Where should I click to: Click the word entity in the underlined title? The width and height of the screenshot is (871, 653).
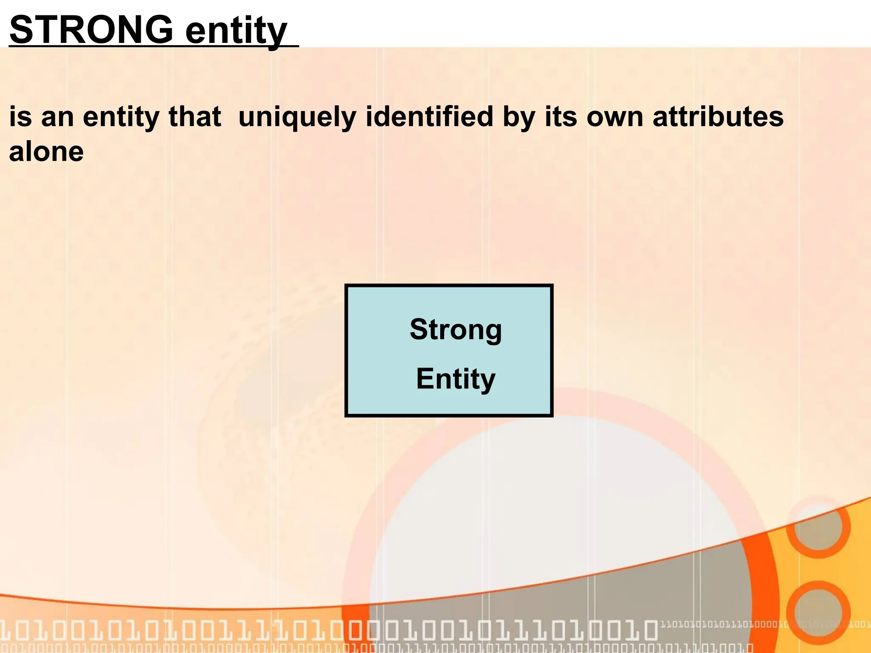pyautogui.click(x=236, y=31)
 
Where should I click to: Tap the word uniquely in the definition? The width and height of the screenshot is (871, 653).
pyautogui.click(x=297, y=116)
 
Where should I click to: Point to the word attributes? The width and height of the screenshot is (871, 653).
pyautogui.click(x=718, y=116)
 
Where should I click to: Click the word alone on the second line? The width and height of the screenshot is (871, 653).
pyautogui.click(x=46, y=152)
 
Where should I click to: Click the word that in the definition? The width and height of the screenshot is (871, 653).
pyautogui.click(x=195, y=116)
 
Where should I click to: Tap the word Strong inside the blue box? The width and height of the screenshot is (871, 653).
pyautogui.click(x=455, y=330)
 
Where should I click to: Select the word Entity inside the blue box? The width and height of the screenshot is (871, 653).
pyautogui.click(x=455, y=379)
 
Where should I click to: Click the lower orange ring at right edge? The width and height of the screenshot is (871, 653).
pyautogui.click(x=817, y=612)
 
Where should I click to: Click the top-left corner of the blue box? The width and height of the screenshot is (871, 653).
pyautogui.click(x=347, y=286)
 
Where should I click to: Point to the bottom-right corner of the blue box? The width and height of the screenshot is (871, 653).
pyautogui.click(x=551, y=415)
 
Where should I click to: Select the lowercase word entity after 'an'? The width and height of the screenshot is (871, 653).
pyautogui.click(x=121, y=117)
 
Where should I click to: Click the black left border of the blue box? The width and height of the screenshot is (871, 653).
pyautogui.click(x=347, y=351)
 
